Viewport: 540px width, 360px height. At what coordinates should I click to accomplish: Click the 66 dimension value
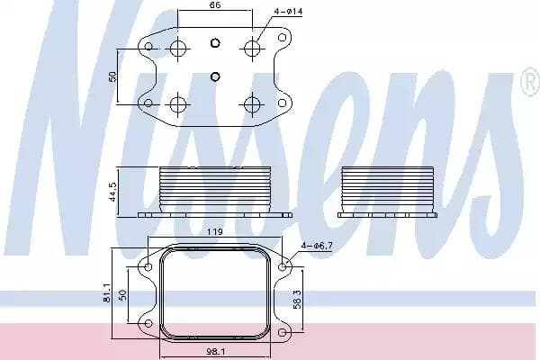tap(215, 4)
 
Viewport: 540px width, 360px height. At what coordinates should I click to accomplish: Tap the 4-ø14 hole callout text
tap(288, 12)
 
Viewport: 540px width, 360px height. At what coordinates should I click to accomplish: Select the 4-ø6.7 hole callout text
tap(317, 246)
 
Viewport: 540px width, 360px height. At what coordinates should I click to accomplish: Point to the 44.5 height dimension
tap(112, 192)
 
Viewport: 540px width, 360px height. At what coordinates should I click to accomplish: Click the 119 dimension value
tap(214, 232)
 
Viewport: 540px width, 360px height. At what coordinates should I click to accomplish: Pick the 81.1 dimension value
tap(106, 293)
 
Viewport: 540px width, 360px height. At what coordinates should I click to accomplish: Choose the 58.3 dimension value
tap(297, 299)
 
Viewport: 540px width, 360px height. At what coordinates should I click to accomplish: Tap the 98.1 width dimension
tap(216, 352)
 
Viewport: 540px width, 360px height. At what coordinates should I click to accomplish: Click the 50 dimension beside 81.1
tap(122, 295)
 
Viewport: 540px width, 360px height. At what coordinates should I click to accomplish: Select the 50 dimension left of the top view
tap(112, 76)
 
